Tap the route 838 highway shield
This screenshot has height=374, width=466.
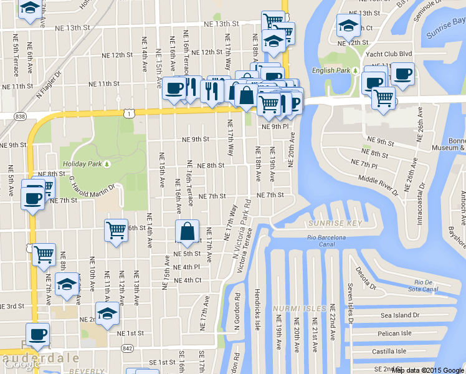pyautogui.click(x=21, y=117)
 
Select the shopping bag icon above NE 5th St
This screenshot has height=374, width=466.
pyautogui.click(x=188, y=232)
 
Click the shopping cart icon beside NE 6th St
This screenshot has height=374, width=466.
pyautogui.click(x=116, y=231)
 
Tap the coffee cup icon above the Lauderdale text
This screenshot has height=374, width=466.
pyautogui.click(x=37, y=335)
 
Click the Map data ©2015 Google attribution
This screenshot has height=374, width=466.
pyautogui.click(x=428, y=370)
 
